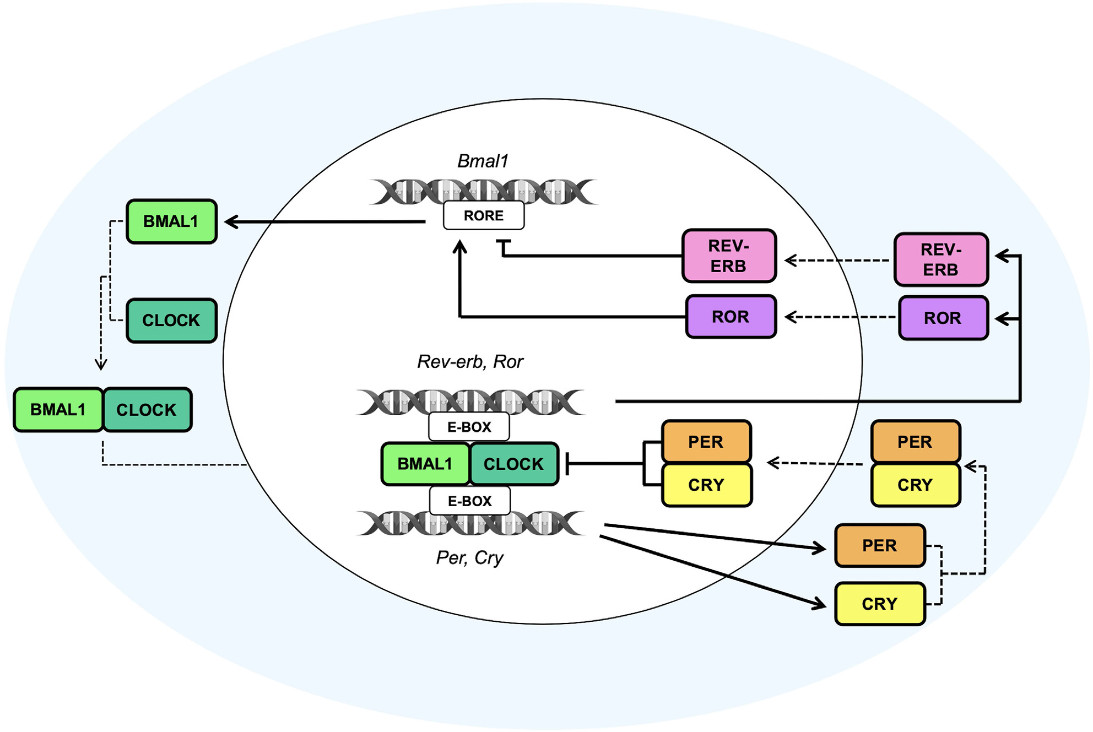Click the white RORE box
483,215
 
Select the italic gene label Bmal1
483,161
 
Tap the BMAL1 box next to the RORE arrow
171,221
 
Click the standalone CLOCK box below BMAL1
171,321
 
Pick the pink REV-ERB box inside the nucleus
729,256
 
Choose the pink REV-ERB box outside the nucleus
941,259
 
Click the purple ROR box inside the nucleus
731,317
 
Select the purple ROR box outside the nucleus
943,318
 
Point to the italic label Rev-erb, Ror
470,362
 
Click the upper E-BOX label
469,427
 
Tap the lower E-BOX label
469,501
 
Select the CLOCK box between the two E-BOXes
513,464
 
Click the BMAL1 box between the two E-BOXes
425,464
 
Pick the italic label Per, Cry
469,557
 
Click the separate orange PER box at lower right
880,545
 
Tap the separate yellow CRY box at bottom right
880,604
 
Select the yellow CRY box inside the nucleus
706,485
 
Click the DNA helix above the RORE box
483,191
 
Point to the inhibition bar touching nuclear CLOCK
568,464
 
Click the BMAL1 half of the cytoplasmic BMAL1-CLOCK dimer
58,410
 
